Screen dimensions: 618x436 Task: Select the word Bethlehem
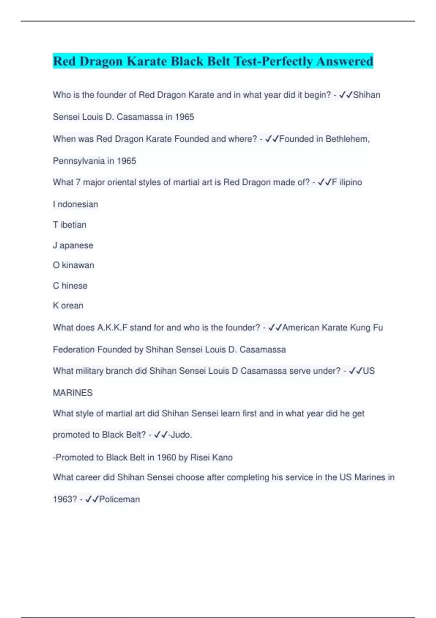click(x=347, y=139)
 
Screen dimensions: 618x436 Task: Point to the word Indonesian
click(x=75, y=204)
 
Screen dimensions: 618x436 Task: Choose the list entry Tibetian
click(x=69, y=225)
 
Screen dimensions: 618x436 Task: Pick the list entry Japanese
click(x=73, y=245)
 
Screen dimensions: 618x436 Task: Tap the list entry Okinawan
click(x=73, y=265)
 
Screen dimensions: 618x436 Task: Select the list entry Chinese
click(x=70, y=286)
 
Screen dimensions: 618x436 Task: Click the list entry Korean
click(x=68, y=305)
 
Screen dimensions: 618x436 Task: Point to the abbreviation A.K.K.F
click(x=112, y=328)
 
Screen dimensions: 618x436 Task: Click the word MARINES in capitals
click(x=73, y=393)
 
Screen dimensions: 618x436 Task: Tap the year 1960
click(x=167, y=457)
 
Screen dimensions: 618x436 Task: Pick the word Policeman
click(x=119, y=499)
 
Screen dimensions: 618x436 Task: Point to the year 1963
click(x=65, y=499)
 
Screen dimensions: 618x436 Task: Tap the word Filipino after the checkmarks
click(x=347, y=182)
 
